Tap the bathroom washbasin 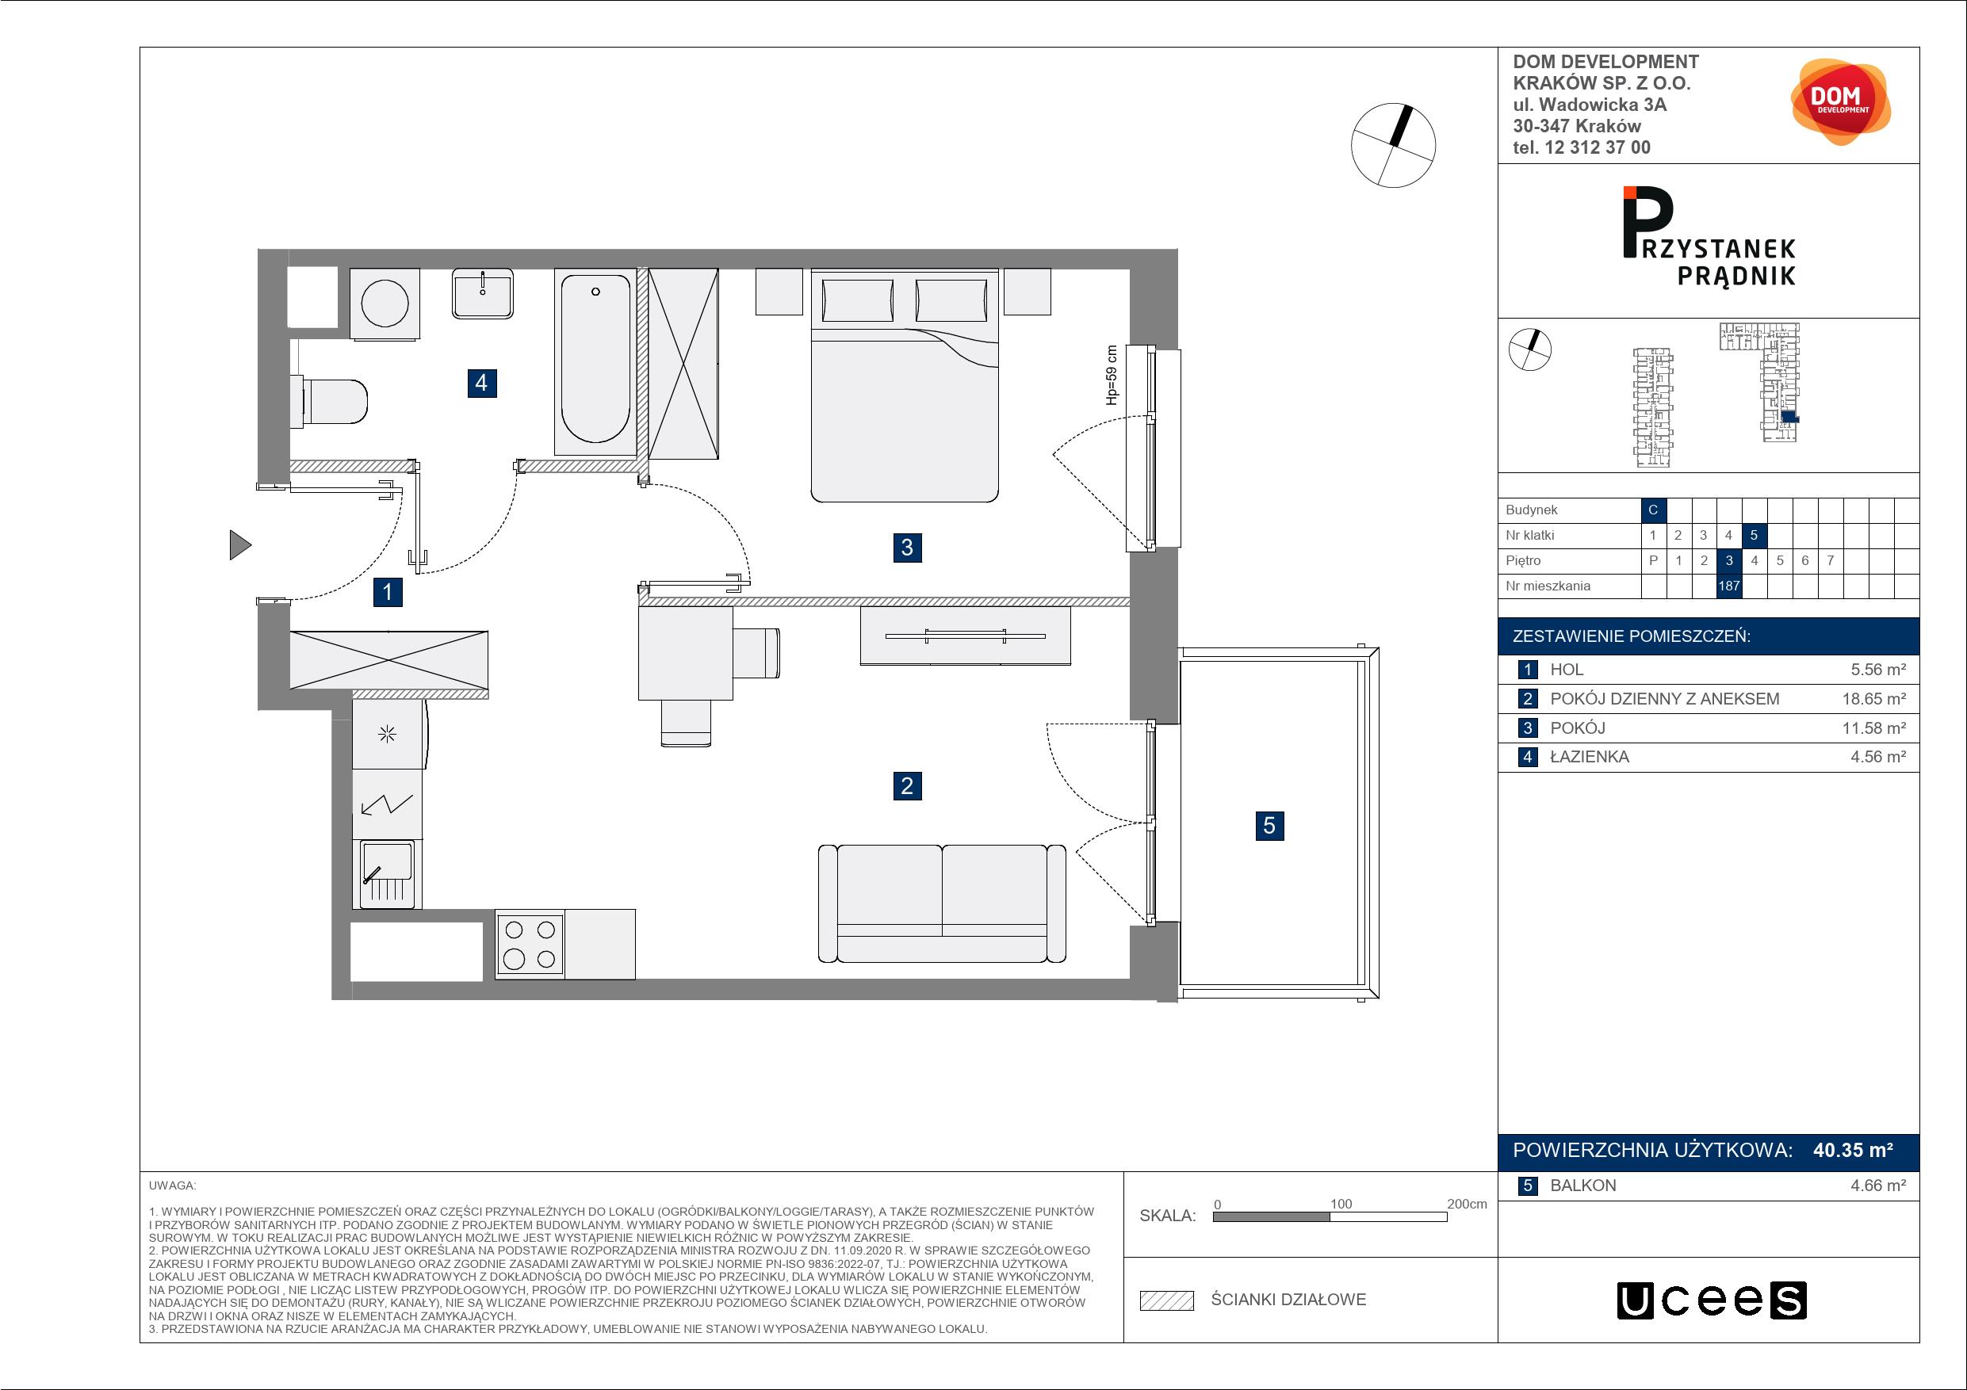point(483,294)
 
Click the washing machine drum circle point(385,304)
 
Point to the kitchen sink point(387,873)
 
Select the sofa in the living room point(942,903)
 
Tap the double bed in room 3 point(905,385)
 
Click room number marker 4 point(481,382)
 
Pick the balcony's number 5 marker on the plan point(1269,826)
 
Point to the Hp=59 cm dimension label point(1112,375)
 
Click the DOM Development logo point(1840,102)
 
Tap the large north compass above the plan point(1393,146)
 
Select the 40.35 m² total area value point(1852,1150)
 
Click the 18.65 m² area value point(1874,699)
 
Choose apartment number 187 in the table point(1729,586)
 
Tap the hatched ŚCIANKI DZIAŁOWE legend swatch point(1167,1300)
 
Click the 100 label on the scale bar point(1341,1204)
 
